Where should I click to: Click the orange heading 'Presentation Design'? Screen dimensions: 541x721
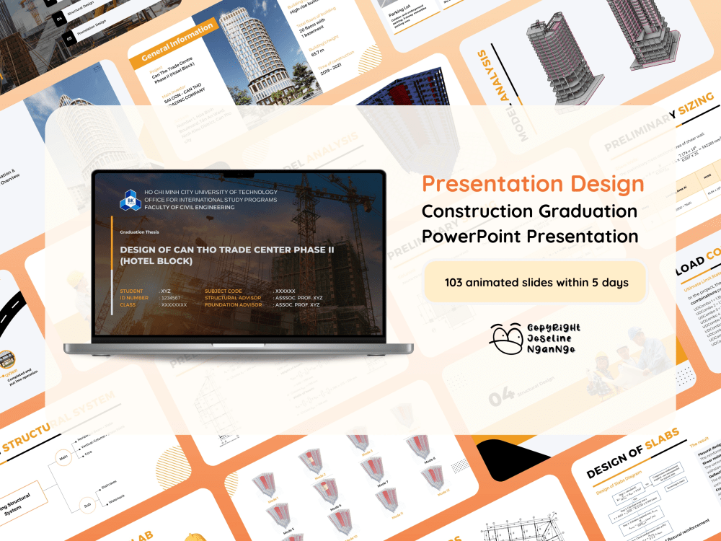(x=533, y=183)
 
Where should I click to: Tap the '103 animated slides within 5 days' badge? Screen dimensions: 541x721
(x=536, y=282)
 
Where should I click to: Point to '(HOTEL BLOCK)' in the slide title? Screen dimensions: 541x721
(x=156, y=261)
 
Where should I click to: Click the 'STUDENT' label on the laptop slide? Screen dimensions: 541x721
(x=132, y=291)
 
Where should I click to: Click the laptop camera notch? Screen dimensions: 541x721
(x=239, y=174)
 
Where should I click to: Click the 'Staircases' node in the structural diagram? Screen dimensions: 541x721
(x=109, y=485)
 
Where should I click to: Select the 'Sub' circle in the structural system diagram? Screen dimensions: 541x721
(x=87, y=505)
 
